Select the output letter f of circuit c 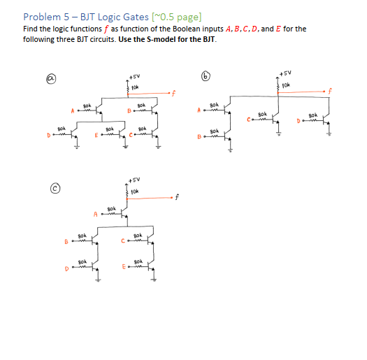click(178, 197)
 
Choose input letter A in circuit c click(94, 213)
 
